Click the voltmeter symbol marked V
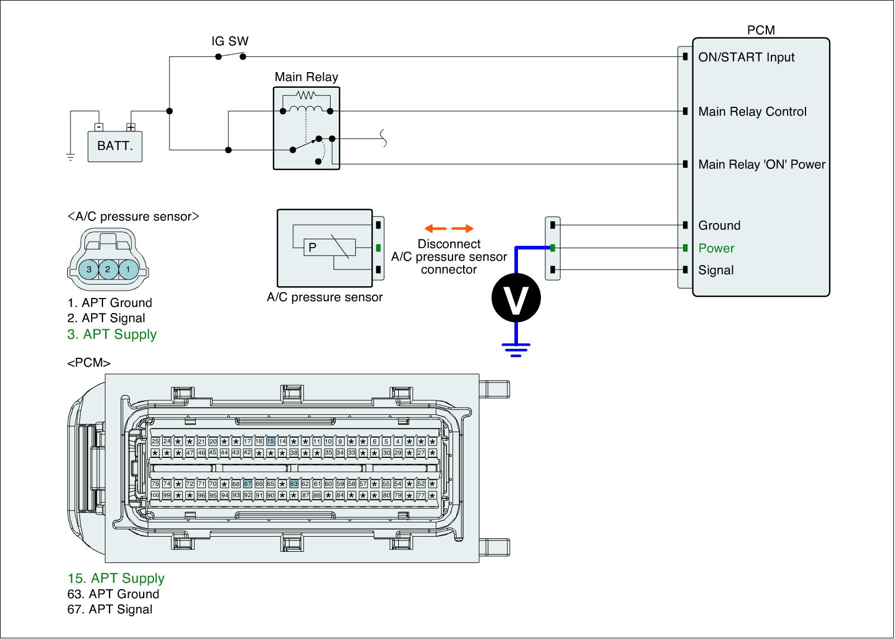point(516,297)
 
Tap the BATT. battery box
point(115,146)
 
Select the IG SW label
point(230,41)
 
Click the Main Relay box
point(306,128)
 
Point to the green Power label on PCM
point(716,248)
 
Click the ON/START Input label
point(746,57)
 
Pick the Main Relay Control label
point(752,112)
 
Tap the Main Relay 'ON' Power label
point(761,164)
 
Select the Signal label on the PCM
point(716,271)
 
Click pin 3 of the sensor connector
point(89,269)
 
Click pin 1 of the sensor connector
point(128,269)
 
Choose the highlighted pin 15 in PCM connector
point(271,442)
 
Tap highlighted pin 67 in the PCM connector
point(248,484)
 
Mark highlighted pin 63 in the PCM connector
point(294,484)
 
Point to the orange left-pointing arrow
point(435,229)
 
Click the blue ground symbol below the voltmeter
point(516,349)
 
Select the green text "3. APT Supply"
point(112,334)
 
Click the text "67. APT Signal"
point(110,609)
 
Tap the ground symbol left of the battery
point(70,157)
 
